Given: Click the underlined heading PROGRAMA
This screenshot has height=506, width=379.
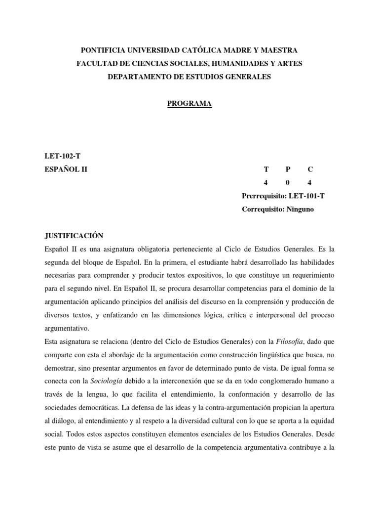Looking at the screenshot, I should [189, 103].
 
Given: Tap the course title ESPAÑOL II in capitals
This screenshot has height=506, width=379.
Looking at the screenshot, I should [66, 169].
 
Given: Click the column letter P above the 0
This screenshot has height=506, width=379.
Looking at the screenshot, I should [288, 169].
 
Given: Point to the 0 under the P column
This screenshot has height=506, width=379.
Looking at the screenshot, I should [288, 183].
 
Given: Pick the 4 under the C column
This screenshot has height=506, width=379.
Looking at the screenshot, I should [310, 183].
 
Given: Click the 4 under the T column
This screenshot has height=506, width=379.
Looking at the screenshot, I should [265, 183].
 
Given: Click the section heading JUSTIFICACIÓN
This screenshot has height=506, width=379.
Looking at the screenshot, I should [74, 236].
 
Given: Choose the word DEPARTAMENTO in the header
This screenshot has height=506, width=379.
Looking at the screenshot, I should [138, 77].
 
